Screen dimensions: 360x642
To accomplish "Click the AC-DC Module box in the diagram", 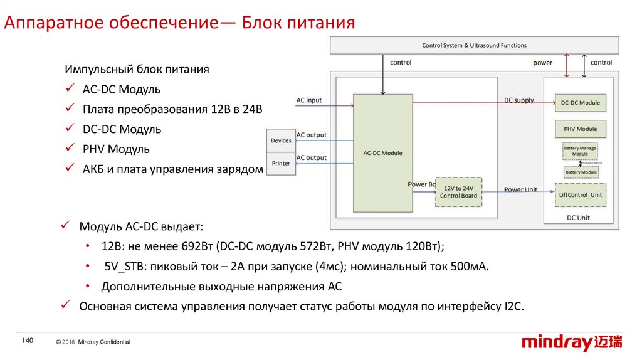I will click(x=382, y=152).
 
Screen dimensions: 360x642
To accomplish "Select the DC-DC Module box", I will click(x=580, y=103).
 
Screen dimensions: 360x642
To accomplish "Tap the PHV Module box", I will click(x=580, y=129).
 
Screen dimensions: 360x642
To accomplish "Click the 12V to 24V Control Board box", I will click(x=460, y=192).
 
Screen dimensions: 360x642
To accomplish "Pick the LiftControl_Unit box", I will click(x=580, y=194).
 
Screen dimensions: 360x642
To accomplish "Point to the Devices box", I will click(x=281, y=140).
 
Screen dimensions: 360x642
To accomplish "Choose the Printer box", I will click(x=281, y=163).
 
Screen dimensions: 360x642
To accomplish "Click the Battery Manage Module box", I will click(x=580, y=151).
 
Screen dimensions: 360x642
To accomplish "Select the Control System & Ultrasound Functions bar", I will click(x=474, y=45).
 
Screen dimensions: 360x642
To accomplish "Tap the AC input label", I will click(x=308, y=100).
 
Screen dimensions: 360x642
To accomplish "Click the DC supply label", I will click(x=519, y=100).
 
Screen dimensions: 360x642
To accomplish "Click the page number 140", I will click(x=27, y=341).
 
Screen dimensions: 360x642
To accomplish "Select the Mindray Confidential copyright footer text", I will click(x=93, y=342).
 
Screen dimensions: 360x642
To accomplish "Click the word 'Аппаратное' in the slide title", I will click(x=46, y=24).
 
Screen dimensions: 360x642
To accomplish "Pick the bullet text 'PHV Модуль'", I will click(x=116, y=149).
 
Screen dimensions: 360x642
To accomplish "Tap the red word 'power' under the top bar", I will click(x=543, y=63).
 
